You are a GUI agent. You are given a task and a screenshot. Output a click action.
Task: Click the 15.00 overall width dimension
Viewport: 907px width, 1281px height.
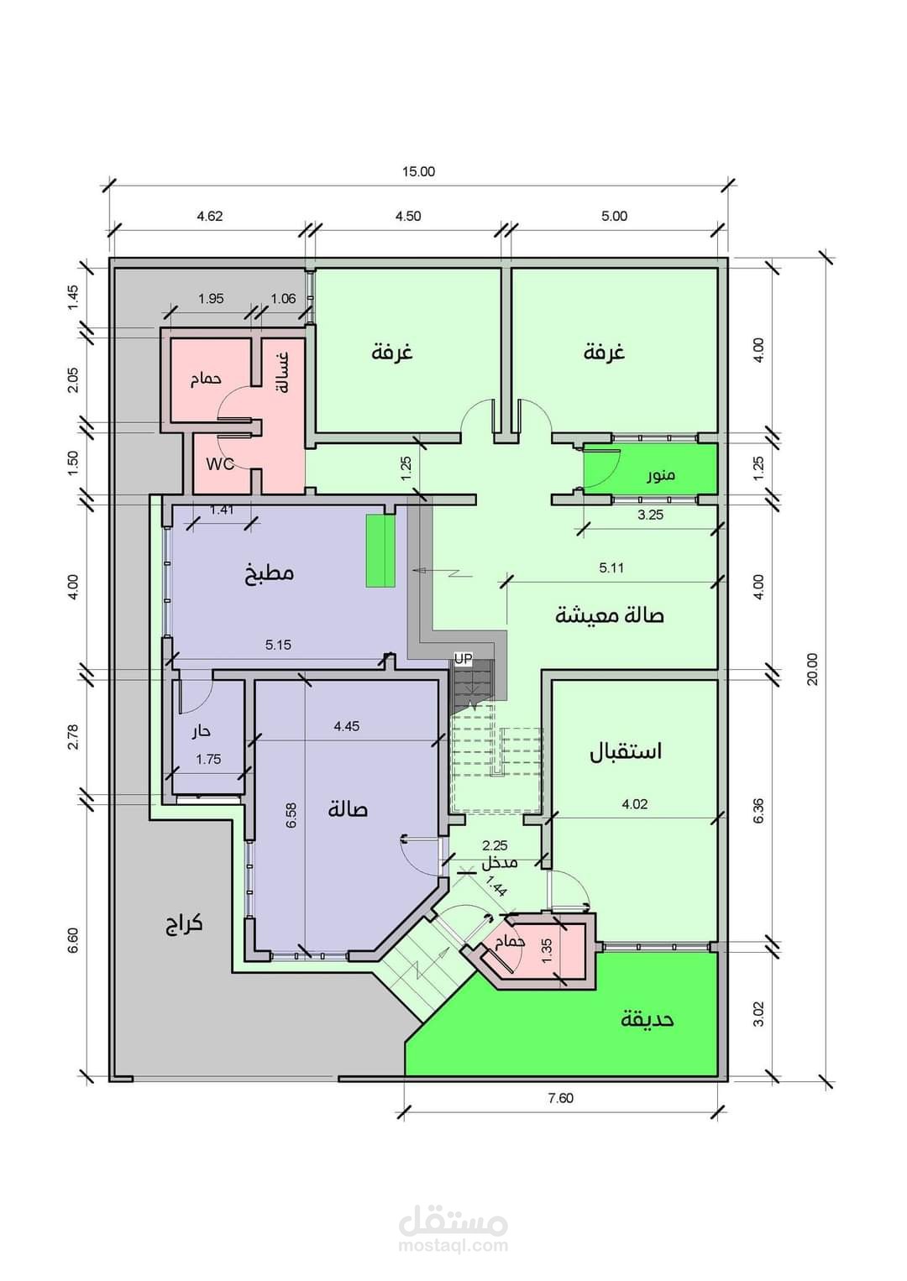[x=418, y=172]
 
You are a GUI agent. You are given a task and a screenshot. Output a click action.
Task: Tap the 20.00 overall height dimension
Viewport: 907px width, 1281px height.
[x=812, y=668]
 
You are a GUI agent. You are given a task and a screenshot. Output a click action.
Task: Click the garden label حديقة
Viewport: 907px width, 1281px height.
[x=647, y=1019]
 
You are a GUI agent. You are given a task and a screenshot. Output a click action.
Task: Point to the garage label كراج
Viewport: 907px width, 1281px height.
[x=184, y=924]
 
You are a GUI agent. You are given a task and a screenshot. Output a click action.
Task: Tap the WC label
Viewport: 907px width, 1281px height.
[x=220, y=463]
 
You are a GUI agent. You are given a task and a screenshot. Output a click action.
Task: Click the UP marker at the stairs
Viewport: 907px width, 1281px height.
[x=464, y=660]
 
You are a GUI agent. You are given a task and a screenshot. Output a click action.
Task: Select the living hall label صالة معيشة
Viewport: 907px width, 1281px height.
[x=609, y=615]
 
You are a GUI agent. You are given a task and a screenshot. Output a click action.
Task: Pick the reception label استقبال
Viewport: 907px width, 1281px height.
[x=626, y=750]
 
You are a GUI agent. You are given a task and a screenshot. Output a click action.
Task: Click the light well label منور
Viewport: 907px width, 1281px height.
[x=661, y=475]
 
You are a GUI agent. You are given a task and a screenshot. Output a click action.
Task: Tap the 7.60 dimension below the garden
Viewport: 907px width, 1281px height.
[x=560, y=1098]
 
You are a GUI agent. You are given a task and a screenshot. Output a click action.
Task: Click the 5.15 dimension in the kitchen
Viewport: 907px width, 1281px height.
[x=278, y=645]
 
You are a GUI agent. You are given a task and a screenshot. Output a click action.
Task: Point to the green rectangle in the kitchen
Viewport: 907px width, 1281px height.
[x=380, y=551]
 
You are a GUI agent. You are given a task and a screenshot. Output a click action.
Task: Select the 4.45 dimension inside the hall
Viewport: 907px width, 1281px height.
[x=346, y=726]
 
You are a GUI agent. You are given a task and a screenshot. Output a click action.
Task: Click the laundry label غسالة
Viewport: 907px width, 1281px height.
[x=283, y=373]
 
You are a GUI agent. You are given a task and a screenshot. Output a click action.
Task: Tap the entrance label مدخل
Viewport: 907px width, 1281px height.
[x=499, y=863]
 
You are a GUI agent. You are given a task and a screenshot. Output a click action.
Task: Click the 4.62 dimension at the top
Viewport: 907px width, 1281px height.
[x=210, y=216]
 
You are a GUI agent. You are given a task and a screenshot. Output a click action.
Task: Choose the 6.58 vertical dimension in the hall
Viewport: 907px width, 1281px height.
[x=291, y=815]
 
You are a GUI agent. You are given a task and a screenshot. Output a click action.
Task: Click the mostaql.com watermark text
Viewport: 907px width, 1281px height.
[x=453, y=1245]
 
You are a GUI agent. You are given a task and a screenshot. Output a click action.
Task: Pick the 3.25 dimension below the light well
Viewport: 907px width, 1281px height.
[x=650, y=515]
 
